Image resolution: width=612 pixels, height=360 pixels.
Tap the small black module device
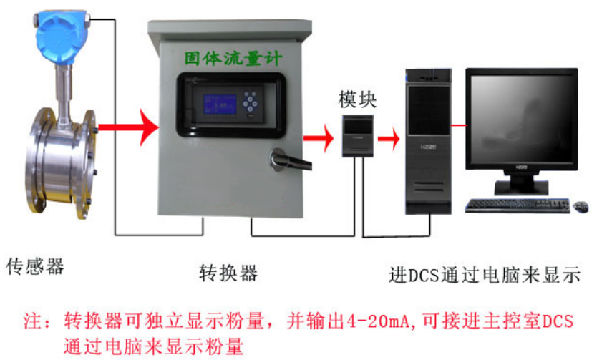click(x=356, y=134)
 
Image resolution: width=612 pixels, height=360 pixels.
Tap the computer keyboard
click(x=517, y=205)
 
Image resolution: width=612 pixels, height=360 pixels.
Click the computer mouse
click(x=581, y=206)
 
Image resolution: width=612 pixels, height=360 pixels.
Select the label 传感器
click(x=36, y=267)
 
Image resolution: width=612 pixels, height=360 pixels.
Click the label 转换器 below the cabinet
click(x=228, y=273)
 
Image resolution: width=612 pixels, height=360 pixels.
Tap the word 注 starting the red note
click(x=33, y=319)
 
